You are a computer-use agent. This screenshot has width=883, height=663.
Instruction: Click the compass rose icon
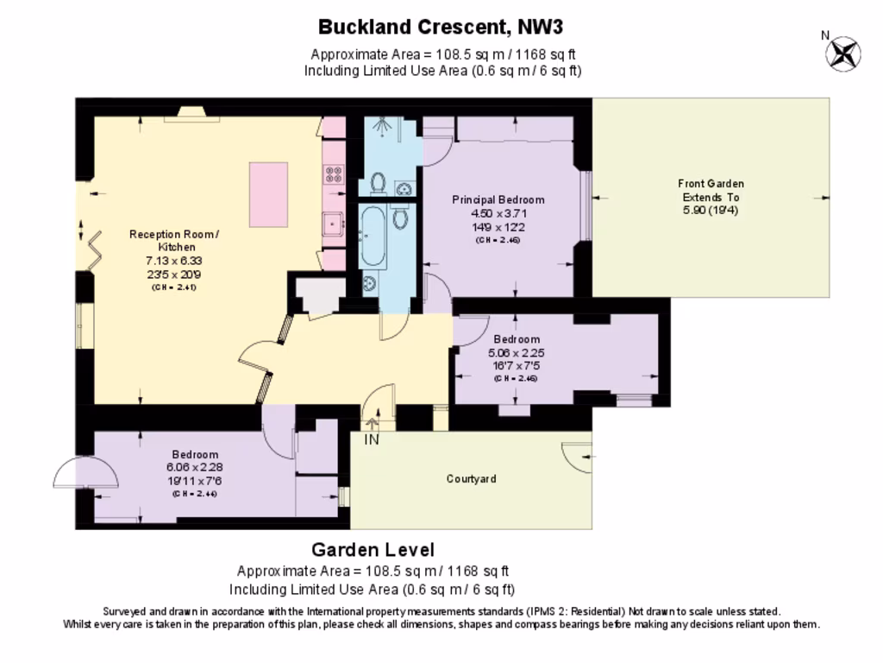tap(842, 54)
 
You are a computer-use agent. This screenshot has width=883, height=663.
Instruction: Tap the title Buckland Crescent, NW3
tap(441, 27)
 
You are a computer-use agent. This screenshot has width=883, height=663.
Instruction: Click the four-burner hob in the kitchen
tap(334, 175)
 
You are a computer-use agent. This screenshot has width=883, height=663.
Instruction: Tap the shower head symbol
tap(380, 127)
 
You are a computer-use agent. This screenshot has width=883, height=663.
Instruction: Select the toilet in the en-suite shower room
tap(378, 182)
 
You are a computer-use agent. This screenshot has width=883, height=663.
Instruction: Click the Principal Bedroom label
tap(498, 199)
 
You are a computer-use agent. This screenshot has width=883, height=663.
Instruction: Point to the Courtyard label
tap(471, 478)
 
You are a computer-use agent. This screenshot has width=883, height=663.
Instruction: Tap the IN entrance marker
tap(372, 439)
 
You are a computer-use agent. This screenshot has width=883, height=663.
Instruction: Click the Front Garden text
tap(711, 183)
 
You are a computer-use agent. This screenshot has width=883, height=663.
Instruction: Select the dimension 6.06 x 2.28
tap(194, 467)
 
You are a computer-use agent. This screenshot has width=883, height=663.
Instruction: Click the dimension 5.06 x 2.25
tap(516, 352)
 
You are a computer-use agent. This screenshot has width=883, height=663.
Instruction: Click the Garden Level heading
tap(373, 550)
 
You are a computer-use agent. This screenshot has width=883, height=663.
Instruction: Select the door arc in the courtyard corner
tap(574, 455)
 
